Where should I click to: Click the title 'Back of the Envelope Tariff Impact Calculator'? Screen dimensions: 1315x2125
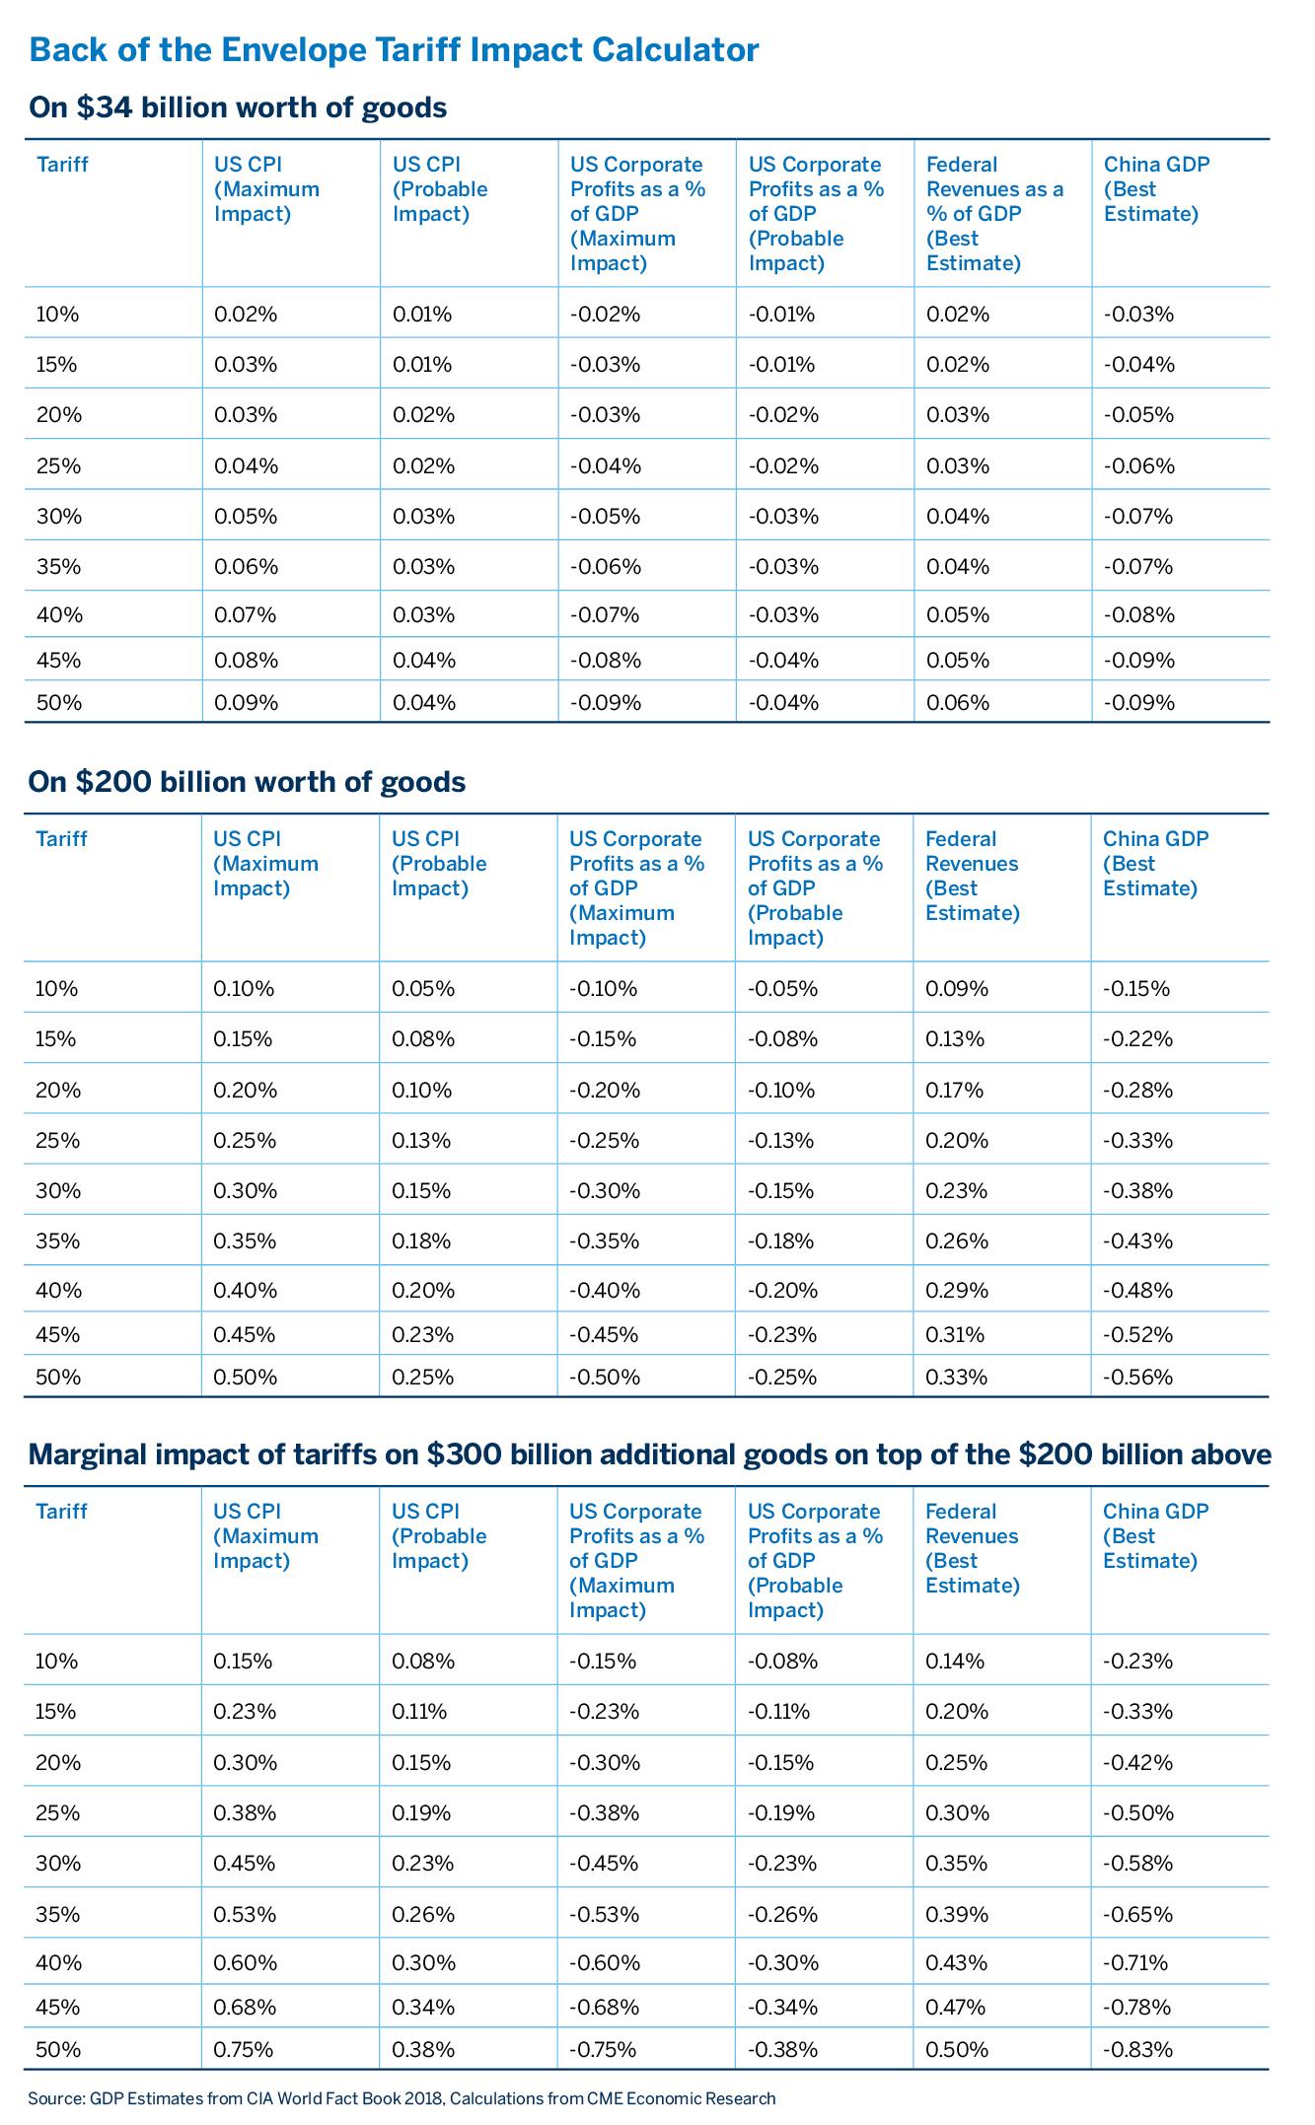click(x=395, y=49)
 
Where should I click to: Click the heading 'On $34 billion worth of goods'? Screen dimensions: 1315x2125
click(x=238, y=106)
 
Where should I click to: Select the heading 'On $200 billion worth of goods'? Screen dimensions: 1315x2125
click(x=247, y=781)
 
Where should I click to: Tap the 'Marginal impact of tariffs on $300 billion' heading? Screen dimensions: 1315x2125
click(x=649, y=1453)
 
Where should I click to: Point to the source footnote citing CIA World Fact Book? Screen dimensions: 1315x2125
click(x=402, y=2098)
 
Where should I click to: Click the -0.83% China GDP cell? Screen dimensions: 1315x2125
click(x=1137, y=2049)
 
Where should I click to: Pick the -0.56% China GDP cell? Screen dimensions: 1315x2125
click(x=1137, y=1377)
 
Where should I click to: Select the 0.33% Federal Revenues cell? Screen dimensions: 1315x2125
click(x=956, y=1377)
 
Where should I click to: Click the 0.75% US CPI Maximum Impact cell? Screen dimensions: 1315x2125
click(x=245, y=2049)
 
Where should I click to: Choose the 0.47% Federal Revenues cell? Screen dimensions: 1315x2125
click(x=956, y=2007)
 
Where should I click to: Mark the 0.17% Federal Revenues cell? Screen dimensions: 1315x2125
click(x=954, y=1090)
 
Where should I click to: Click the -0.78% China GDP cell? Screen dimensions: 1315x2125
click(x=1137, y=2007)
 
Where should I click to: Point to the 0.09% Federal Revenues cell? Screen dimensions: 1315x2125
click(x=956, y=988)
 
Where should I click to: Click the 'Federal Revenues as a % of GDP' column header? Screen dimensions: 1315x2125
click(x=994, y=213)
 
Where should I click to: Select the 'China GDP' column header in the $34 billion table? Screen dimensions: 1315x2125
click(x=1156, y=188)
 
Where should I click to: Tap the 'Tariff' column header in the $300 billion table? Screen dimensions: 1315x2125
click(x=61, y=1512)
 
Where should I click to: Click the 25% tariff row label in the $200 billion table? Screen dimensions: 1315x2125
click(x=57, y=1140)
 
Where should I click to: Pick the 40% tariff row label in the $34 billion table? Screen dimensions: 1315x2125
click(x=58, y=615)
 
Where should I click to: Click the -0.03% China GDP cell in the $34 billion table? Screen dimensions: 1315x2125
click(x=1138, y=315)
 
